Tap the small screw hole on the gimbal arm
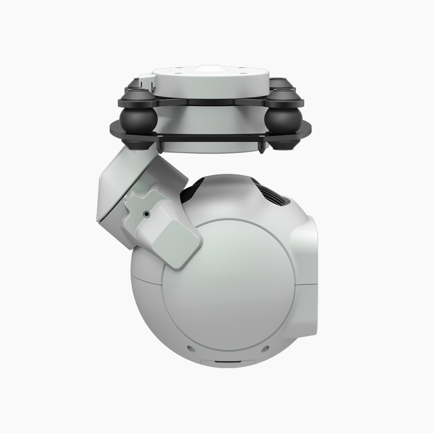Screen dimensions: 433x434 click(x=146, y=215)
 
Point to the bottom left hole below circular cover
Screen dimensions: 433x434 click(x=191, y=349)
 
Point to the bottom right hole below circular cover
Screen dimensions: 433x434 click(x=265, y=349)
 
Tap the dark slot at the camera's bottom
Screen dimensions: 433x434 click(x=228, y=363)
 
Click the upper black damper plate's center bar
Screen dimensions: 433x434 click(x=211, y=97)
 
